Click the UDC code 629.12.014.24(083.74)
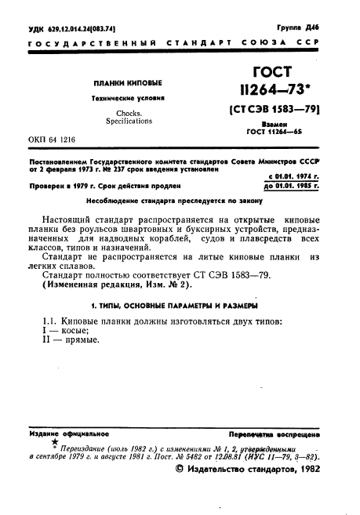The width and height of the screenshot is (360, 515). tap(65, 28)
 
